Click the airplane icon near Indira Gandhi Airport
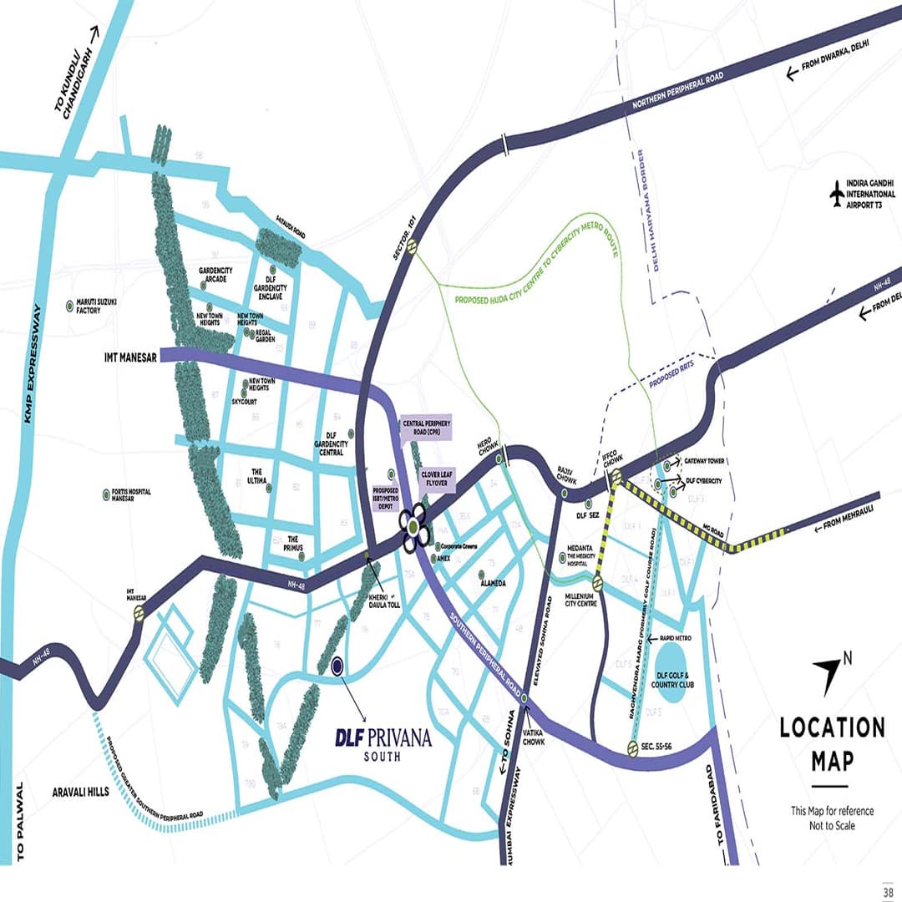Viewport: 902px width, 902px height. (837, 194)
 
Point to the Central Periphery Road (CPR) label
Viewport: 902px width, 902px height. (426, 428)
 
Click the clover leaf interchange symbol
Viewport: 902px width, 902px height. (414, 526)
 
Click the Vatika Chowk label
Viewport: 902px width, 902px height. (534, 736)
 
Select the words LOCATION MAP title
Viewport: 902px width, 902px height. (832, 743)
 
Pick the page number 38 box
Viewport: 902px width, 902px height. (886, 887)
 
